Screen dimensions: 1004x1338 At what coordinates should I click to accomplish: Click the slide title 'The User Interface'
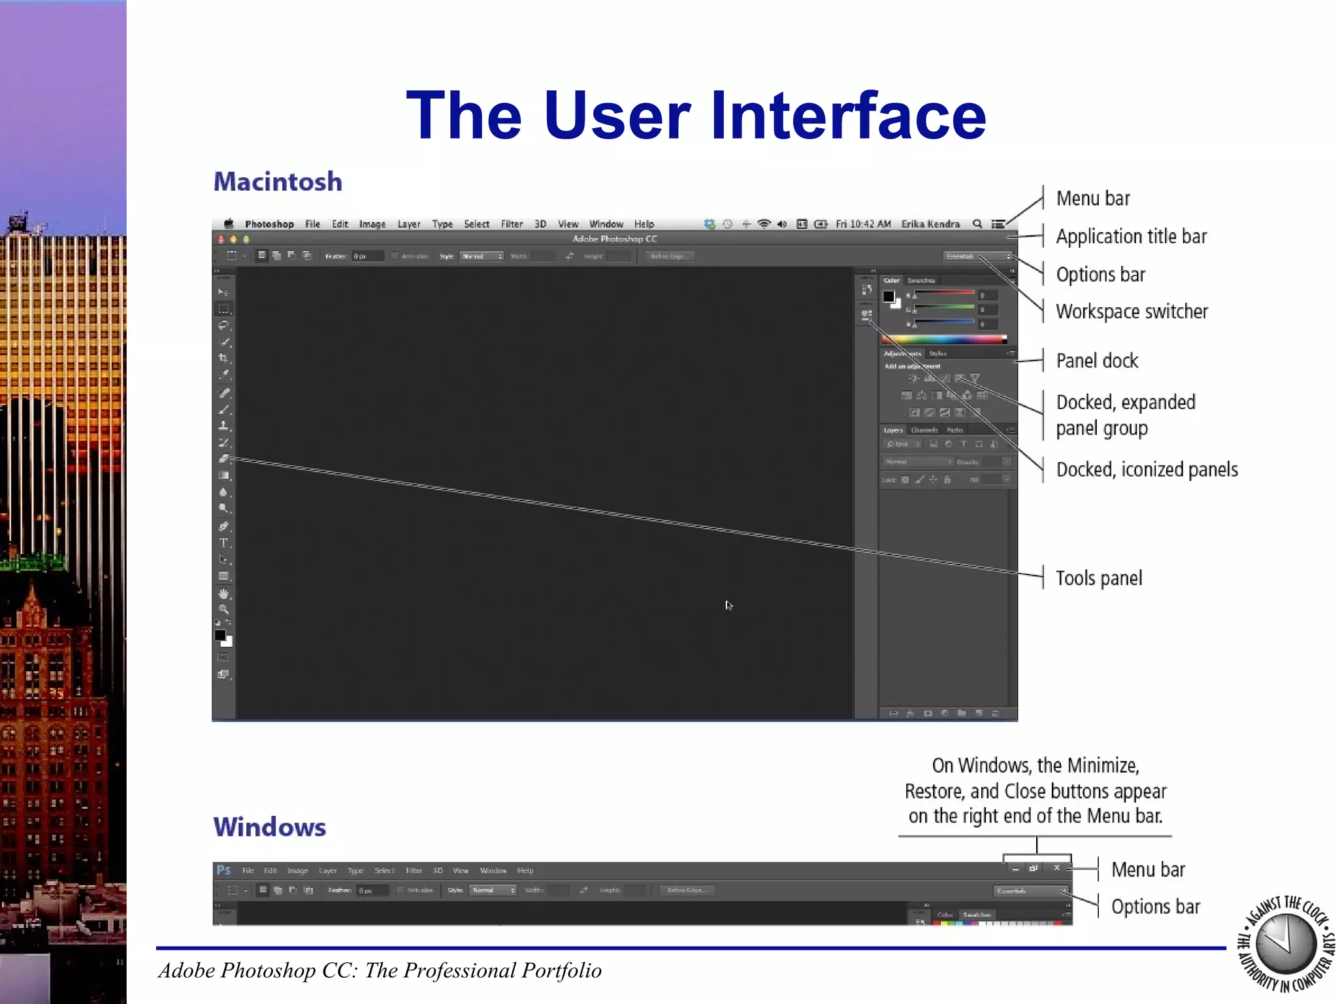click(696, 116)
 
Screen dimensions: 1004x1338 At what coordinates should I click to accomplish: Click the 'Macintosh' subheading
click(278, 182)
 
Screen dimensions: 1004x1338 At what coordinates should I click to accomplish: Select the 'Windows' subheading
click(269, 827)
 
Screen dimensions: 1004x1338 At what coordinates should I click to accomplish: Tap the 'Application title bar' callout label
click(1131, 237)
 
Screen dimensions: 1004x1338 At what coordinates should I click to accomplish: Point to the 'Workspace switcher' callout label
click(1132, 312)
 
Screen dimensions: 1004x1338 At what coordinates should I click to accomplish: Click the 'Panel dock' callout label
click(1097, 361)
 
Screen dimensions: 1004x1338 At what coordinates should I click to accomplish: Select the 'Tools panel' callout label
click(1099, 578)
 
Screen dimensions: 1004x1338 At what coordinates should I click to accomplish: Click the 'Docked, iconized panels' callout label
click(1147, 470)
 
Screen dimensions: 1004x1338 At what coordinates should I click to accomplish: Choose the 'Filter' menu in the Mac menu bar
click(512, 224)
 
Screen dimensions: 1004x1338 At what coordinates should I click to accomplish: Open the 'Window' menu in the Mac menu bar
click(606, 224)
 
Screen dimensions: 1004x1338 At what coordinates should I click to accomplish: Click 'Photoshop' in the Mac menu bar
click(269, 224)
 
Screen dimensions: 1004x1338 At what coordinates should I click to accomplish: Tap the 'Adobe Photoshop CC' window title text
click(614, 239)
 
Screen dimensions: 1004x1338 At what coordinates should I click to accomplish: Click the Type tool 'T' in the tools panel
click(223, 543)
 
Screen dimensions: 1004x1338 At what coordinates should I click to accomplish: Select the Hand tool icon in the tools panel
click(223, 594)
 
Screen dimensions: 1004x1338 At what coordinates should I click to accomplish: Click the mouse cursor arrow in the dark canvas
click(728, 605)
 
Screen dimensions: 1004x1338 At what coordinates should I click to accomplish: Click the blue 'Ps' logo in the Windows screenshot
click(223, 870)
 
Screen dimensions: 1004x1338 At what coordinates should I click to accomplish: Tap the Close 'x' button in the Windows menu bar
click(1056, 868)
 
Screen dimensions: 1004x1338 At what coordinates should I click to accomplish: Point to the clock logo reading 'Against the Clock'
click(1286, 944)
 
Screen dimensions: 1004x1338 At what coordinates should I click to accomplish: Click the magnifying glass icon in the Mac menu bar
click(977, 224)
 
